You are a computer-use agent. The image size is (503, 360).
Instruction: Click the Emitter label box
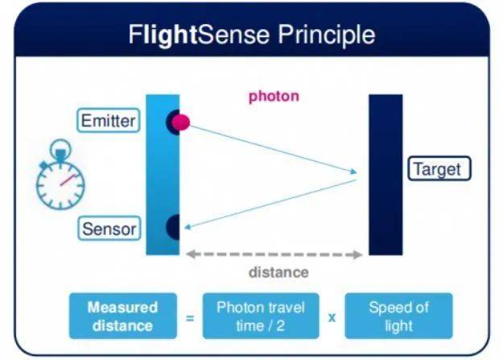(x=109, y=121)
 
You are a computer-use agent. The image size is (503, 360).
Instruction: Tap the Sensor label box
(x=109, y=229)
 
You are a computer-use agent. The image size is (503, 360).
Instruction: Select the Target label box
(x=439, y=168)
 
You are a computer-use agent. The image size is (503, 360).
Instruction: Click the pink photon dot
(x=180, y=122)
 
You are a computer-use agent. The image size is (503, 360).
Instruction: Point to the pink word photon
(x=274, y=96)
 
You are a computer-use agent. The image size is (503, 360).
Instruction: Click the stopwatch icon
(x=60, y=175)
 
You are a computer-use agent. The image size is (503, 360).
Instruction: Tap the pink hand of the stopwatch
(x=68, y=180)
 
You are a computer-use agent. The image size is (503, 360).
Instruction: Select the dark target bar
(x=385, y=175)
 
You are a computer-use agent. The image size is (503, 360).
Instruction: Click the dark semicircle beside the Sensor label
(x=173, y=227)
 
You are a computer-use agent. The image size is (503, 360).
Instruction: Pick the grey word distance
(x=278, y=272)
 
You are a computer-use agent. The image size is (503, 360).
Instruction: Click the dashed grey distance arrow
(x=274, y=254)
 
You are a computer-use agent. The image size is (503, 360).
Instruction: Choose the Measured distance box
(x=123, y=316)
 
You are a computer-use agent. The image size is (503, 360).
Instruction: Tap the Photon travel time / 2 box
(x=261, y=316)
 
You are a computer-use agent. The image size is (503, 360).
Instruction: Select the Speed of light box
(x=398, y=316)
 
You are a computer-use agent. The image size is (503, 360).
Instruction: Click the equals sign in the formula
(x=190, y=318)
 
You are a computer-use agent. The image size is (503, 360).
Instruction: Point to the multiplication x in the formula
(x=332, y=318)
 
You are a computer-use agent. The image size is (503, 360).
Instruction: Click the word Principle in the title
(x=327, y=35)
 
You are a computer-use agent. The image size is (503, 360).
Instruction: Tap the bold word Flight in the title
(x=163, y=35)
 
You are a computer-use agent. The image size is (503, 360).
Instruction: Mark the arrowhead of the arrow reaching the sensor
(x=188, y=227)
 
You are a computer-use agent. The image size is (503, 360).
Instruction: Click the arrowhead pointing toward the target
(x=353, y=172)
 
